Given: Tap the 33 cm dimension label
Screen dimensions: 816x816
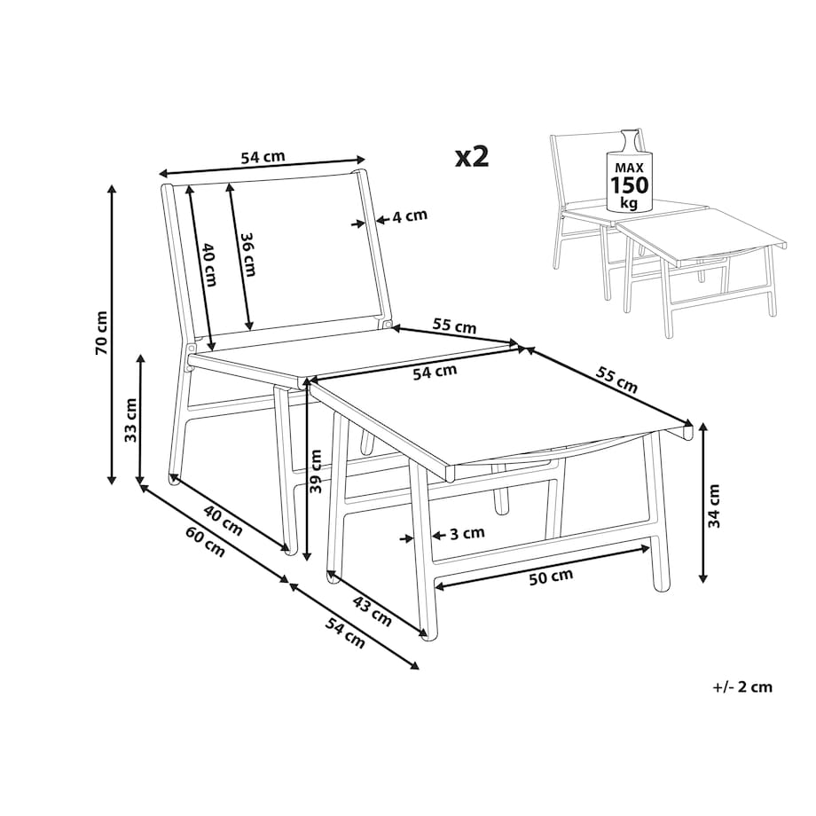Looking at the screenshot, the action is coord(130,420).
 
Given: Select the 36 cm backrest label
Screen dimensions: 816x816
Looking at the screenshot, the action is coord(248,254).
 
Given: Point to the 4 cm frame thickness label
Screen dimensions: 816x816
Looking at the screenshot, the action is coord(410,216).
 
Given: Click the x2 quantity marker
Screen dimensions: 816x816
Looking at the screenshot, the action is coord(472,155).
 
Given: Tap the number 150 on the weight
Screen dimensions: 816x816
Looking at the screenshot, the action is coord(630,184).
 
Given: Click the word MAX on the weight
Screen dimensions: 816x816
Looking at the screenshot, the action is coord(629,168).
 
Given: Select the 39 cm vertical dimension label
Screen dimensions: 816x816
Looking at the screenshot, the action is coord(316,470).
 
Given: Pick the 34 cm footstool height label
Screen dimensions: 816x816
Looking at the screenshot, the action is coord(714,506).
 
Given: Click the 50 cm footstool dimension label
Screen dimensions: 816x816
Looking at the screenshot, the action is coord(551,577).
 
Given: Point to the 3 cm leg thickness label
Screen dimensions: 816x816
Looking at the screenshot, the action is coord(467,533).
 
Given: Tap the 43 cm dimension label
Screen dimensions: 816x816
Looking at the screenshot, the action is coord(373,611).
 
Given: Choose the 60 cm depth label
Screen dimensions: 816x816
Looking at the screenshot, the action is coord(206,542).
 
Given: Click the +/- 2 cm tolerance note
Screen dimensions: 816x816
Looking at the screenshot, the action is coord(742,687).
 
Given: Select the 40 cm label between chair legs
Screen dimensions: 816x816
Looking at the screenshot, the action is coord(223,521).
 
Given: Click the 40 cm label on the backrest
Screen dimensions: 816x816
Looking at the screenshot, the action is coord(208,264).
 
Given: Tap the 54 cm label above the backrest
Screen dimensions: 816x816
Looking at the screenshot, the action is coord(263,157).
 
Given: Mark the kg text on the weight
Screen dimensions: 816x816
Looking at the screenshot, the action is coord(629,202).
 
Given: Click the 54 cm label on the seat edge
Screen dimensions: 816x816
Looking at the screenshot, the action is coord(435,372).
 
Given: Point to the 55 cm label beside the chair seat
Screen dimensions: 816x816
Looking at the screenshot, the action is coord(454,326).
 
